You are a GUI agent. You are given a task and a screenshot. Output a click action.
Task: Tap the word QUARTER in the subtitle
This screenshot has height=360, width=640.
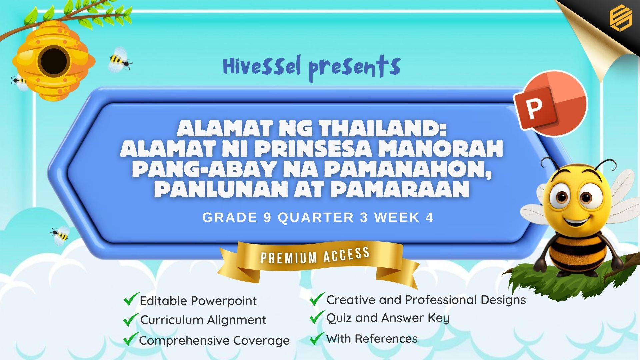click(316, 218)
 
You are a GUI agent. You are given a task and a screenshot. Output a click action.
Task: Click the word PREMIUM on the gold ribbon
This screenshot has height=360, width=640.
click(289, 258)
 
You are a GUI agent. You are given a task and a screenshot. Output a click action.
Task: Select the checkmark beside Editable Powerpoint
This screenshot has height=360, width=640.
click(131, 299)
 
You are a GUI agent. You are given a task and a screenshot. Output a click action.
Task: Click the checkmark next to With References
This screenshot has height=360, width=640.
click(317, 338)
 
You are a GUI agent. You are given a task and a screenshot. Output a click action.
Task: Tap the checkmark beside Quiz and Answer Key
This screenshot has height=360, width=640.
click(317, 317)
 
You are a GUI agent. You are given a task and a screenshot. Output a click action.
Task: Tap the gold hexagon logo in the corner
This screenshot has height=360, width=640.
click(621, 18)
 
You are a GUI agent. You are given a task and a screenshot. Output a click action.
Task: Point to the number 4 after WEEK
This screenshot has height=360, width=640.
click(429, 218)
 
